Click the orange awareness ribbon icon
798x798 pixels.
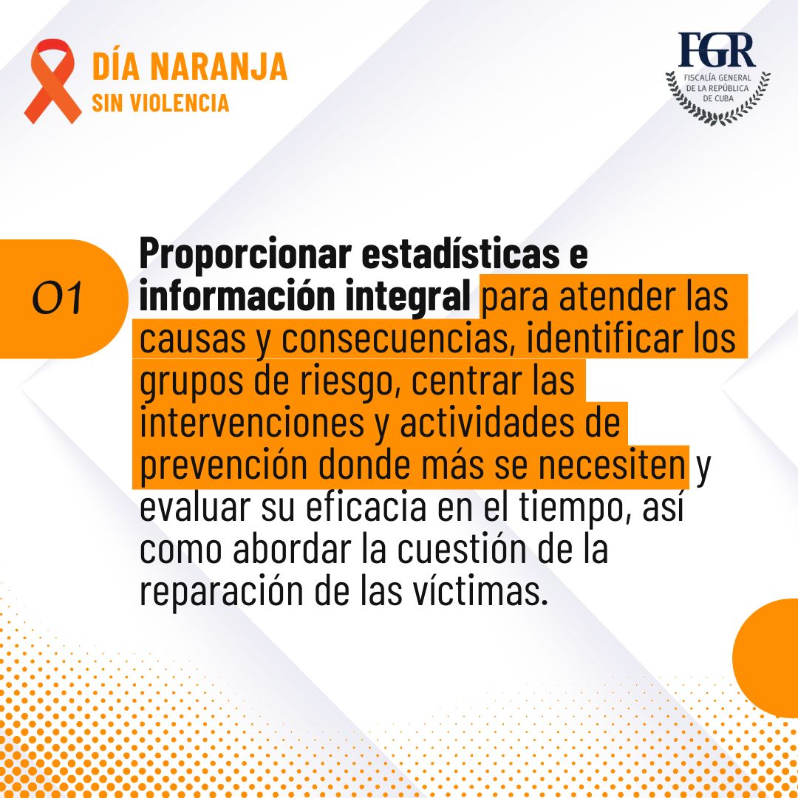click(52, 81)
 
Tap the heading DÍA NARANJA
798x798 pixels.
click(190, 66)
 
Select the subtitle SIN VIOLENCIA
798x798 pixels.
click(160, 103)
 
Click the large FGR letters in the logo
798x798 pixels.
click(717, 50)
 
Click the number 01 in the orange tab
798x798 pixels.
click(57, 298)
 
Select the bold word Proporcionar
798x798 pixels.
click(245, 253)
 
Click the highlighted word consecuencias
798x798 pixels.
click(395, 339)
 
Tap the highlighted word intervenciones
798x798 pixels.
click(252, 423)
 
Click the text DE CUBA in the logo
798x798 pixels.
click(717, 99)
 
